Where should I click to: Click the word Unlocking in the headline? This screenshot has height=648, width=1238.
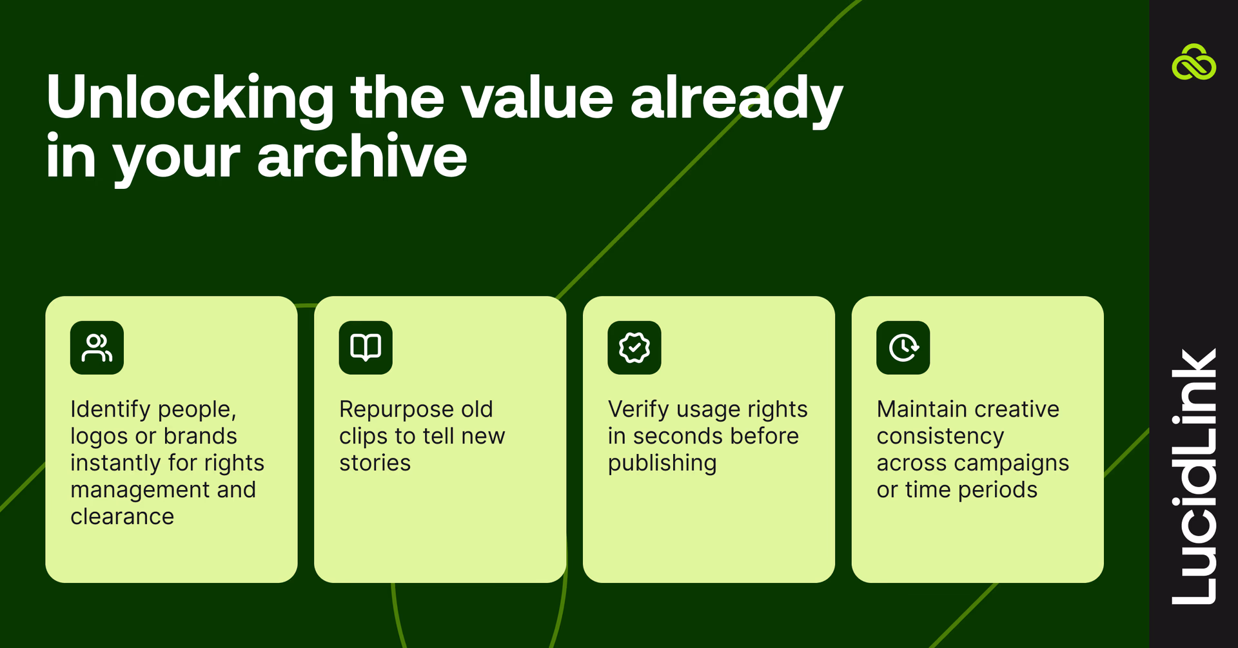190,98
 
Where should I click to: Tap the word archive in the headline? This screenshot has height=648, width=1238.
362,157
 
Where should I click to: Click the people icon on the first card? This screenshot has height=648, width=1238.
97,348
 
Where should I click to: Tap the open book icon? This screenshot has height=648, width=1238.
366,348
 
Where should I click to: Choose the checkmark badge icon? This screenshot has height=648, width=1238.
634,348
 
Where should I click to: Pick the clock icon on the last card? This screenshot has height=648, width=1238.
903,348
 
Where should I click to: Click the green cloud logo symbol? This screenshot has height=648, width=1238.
1194,63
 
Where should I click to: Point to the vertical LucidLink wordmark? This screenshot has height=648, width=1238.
1194,477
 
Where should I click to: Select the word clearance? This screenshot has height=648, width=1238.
123,516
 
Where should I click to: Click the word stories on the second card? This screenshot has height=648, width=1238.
375,463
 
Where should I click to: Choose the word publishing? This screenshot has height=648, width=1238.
662,463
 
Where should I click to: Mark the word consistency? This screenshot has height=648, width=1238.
940,437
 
